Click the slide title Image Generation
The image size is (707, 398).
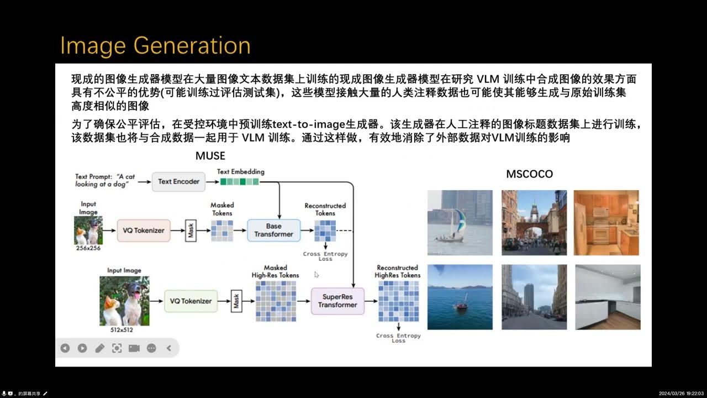coord(155,45)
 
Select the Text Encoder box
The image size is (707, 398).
coord(178,181)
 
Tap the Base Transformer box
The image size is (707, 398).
coord(273,230)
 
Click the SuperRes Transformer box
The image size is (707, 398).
coord(337,301)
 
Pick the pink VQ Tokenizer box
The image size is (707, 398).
coord(144,230)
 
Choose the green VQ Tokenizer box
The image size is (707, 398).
coord(191,301)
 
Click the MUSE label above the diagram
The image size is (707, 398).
coord(210,156)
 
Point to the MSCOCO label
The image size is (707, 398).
coord(529,174)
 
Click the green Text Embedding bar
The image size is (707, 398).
coord(239,181)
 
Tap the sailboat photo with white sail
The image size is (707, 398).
coord(460,223)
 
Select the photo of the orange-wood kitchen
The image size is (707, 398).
coord(606,223)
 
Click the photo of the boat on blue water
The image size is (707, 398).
coord(460,297)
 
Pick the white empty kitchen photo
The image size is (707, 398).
coord(608,297)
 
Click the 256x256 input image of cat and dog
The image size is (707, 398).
coord(88,231)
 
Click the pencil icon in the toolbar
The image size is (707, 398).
coord(99,348)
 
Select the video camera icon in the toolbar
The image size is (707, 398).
coord(134,348)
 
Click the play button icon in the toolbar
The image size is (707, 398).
coord(82,348)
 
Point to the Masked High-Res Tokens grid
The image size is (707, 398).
coord(276,301)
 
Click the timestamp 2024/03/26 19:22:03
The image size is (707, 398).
coord(682,393)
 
